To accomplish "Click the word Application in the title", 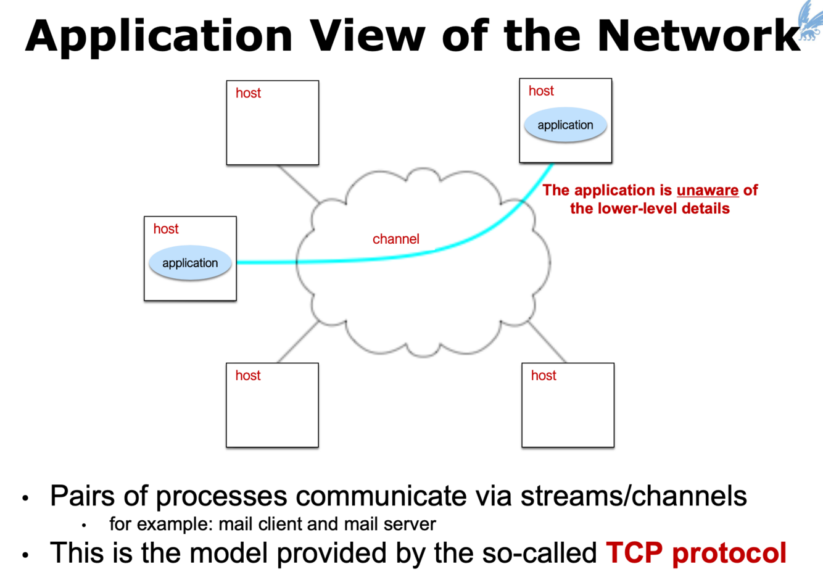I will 159,36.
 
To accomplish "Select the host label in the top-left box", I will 248,93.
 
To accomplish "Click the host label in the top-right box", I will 541,91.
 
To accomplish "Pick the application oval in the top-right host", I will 565,125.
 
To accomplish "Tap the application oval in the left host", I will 190,263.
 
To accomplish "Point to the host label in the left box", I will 166,229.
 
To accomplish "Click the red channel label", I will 395,239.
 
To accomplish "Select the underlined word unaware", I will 707,190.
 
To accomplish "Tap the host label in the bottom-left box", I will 248,375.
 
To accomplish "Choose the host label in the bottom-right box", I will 544,375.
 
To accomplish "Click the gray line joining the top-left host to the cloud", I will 299,184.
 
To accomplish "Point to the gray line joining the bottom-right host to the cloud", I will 547,341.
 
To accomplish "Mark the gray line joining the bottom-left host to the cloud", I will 298,341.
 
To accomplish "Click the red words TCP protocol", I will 696,552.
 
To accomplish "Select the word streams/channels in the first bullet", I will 634,496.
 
